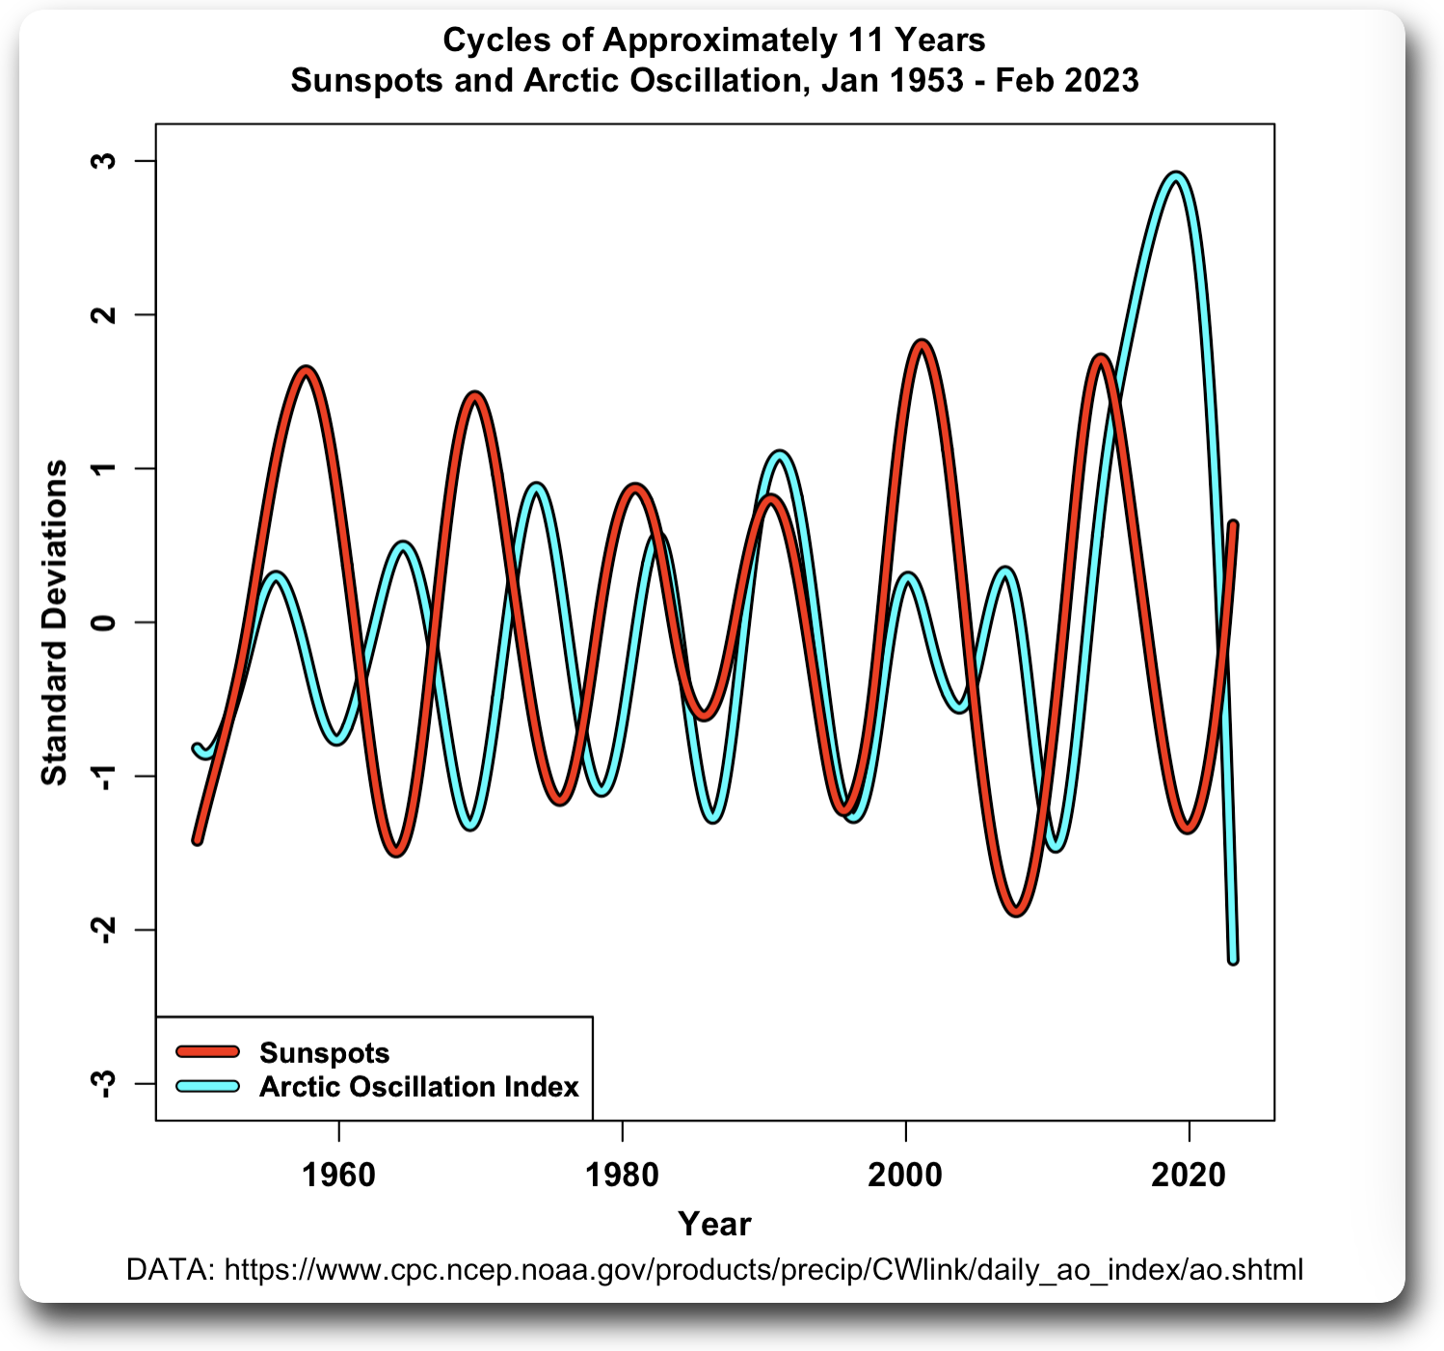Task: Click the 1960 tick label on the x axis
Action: coord(338,1175)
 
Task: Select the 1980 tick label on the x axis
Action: coord(622,1175)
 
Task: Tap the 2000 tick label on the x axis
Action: coord(905,1175)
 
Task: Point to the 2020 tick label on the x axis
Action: coord(1189,1175)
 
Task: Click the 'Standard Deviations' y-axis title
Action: coord(55,623)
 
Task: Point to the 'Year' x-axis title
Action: coord(714,1224)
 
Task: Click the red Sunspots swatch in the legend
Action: coord(207,1052)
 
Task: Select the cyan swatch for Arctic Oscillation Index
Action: coord(207,1087)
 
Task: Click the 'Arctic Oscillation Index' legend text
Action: coord(419,1087)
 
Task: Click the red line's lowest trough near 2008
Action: coord(1017,910)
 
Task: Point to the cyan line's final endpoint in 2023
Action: coord(1233,959)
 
